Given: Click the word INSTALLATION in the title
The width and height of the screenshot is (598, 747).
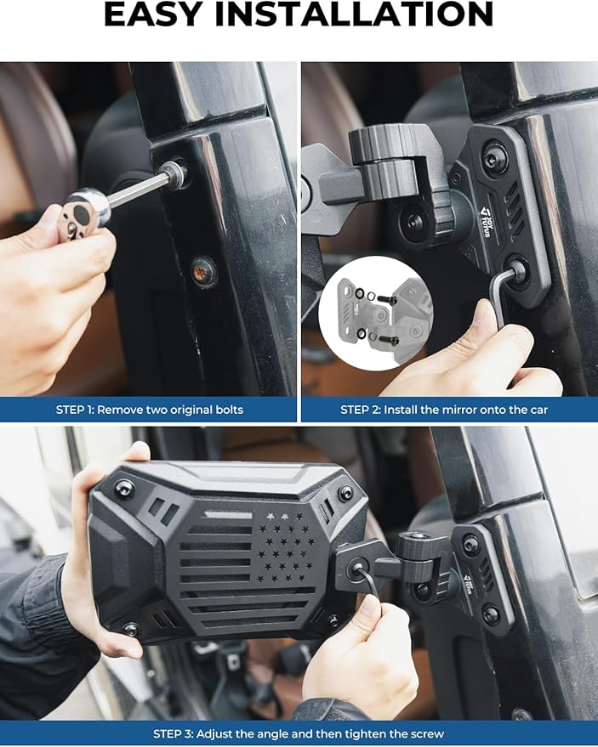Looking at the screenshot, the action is click(x=355, y=14).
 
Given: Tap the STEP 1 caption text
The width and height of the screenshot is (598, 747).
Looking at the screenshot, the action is click(x=149, y=410).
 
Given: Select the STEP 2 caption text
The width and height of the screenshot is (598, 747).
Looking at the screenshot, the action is click(x=444, y=410).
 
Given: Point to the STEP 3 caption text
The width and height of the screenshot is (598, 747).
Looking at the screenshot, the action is click(x=299, y=733).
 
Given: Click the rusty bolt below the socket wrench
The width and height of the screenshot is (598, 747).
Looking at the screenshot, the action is click(x=203, y=271).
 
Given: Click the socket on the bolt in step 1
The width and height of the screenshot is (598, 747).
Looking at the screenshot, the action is click(x=175, y=173).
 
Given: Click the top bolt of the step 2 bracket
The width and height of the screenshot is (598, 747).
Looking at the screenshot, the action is click(x=493, y=161).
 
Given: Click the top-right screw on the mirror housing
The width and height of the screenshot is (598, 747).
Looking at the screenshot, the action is click(x=345, y=494).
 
